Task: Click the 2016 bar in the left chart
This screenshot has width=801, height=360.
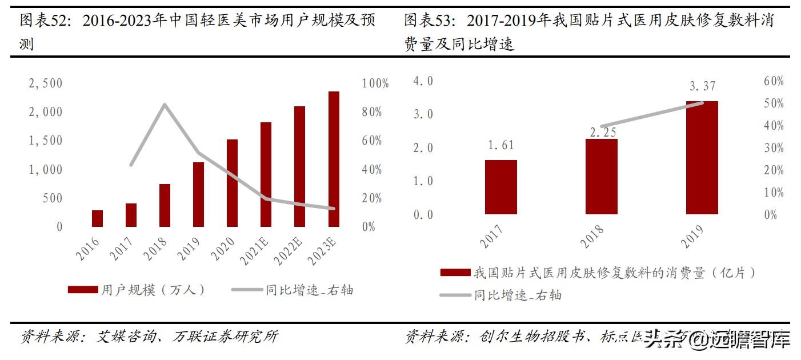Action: click(98, 218)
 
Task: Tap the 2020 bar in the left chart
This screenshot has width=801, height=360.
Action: click(233, 183)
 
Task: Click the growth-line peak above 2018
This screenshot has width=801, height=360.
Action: click(165, 104)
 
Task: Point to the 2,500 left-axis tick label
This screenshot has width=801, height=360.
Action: click(46, 83)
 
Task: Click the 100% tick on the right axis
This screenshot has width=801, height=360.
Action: click(375, 83)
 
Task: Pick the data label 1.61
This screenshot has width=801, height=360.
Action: click(501, 146)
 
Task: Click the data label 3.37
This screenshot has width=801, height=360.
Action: click(702, 87)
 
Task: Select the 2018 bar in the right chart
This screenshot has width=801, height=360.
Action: click(602, 177)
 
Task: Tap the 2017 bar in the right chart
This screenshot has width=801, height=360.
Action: click(501, 187)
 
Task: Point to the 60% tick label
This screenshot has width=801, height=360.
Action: click(774, 82)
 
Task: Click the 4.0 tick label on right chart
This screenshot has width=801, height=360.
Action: click(423, 81)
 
